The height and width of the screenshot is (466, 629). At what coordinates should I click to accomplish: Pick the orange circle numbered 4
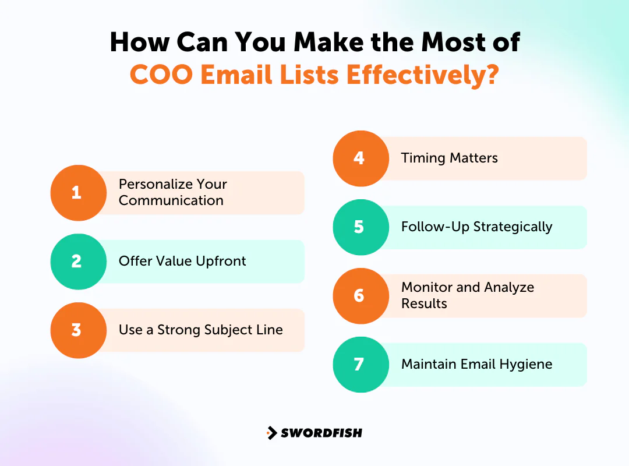(360, 158)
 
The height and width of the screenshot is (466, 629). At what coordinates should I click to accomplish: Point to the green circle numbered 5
(360, 227)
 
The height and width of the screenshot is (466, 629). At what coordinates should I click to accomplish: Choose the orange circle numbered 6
(360, 296)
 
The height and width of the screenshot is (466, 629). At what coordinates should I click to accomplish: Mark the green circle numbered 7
(360, 365)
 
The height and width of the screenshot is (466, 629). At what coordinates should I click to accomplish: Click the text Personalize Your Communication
(172, 192)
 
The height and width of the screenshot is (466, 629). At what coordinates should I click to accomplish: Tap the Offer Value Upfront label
(182, 261)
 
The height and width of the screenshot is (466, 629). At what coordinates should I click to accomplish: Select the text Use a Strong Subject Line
(200, 330)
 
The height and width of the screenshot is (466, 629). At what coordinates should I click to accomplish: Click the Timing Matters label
(449, 158)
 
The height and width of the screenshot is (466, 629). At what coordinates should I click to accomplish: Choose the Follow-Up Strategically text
(476, 227)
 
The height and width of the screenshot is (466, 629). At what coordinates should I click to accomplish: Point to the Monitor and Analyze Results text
(467, 295)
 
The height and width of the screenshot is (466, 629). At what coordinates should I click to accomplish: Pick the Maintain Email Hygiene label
(476, 364)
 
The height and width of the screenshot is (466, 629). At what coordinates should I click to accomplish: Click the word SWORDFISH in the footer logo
(321, 433)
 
